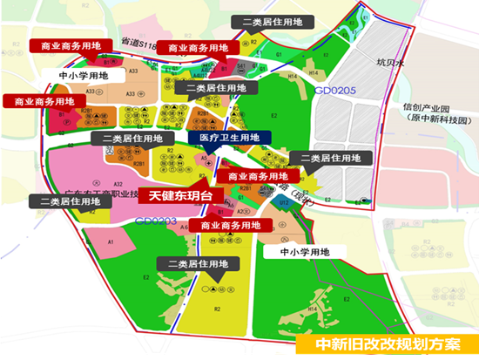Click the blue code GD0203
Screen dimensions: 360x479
pyautogui.click(x=157, y=222)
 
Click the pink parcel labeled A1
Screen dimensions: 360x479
pyautogui.click(x=111, y=241)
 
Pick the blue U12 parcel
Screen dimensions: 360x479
pyautogui.click(x=284, y=202)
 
